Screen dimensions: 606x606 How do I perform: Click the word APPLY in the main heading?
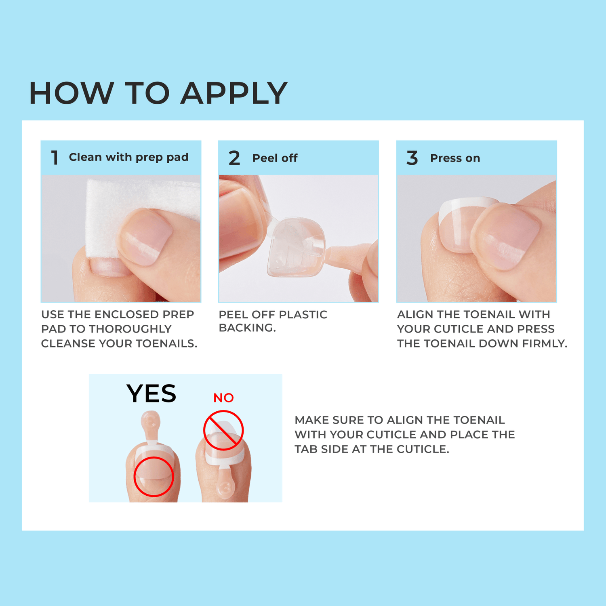click(x=234, y=93)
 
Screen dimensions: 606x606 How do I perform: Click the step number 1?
click(x=55, y=158)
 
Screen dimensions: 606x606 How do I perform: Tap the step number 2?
click(x=234, y=158)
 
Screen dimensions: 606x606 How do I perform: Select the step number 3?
click(x=412, y=158)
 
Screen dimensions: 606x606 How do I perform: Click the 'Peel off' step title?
click(x=275, y=158)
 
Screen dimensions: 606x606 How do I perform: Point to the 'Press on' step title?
click(x=455, y=158)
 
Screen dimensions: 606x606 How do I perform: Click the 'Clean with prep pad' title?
click(x=128, y=157)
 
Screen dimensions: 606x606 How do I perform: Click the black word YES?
click(x=151, y=393)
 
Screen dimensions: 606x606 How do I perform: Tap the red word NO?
click(x=223, y=398)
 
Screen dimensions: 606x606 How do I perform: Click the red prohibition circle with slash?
click(x=223, y=430)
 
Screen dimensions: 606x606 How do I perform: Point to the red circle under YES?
click(x=154, y=477)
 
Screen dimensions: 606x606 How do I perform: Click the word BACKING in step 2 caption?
click(x=247, y=328)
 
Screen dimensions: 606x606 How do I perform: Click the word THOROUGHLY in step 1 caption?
click(x=130, y=329)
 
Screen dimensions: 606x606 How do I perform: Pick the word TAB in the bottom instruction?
click(x=306, y=449)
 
